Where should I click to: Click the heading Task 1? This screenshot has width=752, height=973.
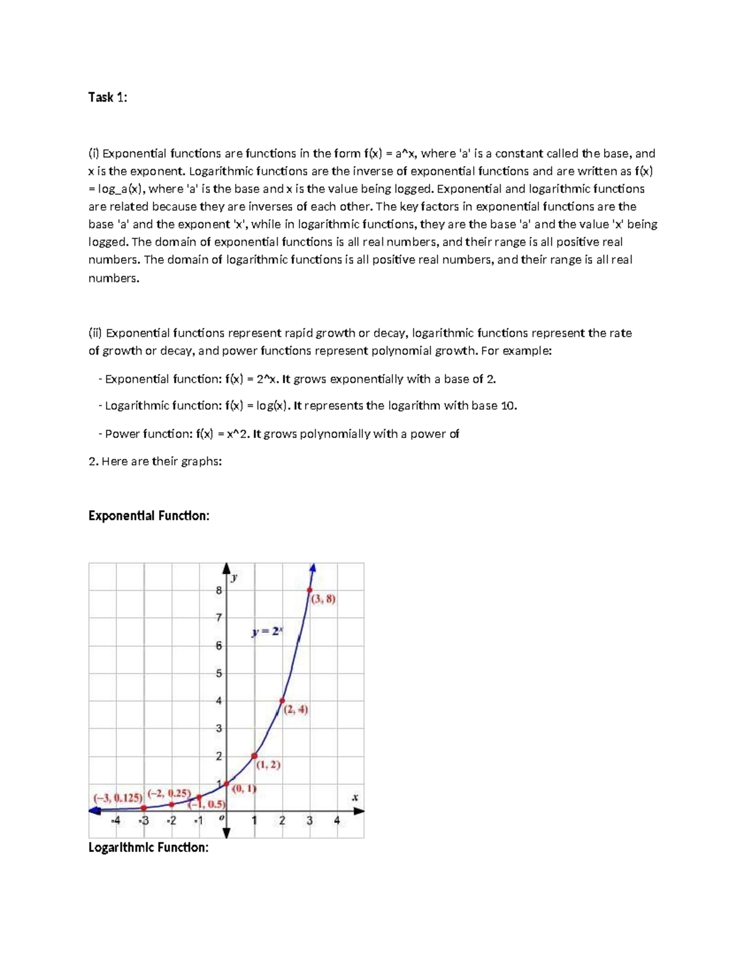pyautogui.click(x=107, y=97)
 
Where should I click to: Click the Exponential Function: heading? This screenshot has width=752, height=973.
pyautogui.click(x=149, y=516)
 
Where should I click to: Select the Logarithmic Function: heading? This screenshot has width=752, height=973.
pyautogui.click(x=149, y=848)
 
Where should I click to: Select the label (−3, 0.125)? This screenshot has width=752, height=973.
pyautogui.click(x=118, y=798)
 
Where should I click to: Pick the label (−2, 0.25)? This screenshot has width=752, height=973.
pyautogui.click(x=169, y=793)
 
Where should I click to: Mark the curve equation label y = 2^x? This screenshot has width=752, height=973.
pyautogui.click(x=268, y=632)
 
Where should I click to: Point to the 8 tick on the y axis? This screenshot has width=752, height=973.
pyautogui.click(x=219, y=590)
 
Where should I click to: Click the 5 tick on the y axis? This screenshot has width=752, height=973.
pyautogui.click(x=219, y=674)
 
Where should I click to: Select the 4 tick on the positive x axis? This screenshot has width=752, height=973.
pyautogui.click(x=337, y=820)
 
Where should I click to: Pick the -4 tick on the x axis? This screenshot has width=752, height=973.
pyautogui.click(x=115, y=820)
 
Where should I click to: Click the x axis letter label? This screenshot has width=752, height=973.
pyautogui.click(x=355, y=798)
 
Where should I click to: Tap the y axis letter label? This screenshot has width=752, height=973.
pyautogui.click(x=234, y=577)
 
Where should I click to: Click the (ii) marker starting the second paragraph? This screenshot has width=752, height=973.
pyautogui.click(x=95, y=333)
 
